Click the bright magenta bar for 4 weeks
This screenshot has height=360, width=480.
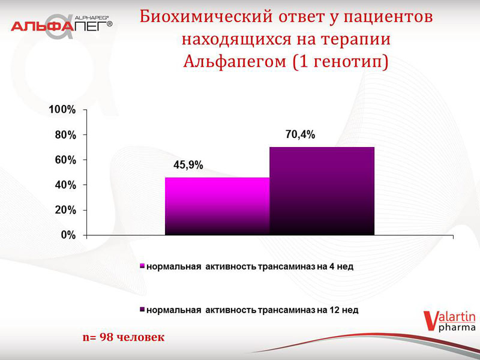coord(217,206)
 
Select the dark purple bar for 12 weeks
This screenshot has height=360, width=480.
coord(322,191)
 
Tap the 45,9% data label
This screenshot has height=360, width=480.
coord(188,166)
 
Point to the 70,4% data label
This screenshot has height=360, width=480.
coord(301,134)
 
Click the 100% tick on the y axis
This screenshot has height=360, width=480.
coord(62,110)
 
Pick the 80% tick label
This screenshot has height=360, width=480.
coord(65,135)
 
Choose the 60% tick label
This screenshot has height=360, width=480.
coord(65,160)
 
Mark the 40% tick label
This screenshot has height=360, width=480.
coord(65,185)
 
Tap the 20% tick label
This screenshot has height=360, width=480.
coord(65,211)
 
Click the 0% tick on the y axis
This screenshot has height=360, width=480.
coord(68,235)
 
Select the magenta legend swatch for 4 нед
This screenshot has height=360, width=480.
coord(142,266)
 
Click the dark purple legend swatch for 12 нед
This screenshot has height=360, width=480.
coord(142,310)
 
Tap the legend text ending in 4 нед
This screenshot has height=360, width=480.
coord(250,266)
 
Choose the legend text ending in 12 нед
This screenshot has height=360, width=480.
coord(252,310)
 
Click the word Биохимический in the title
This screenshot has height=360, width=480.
coord(206,17)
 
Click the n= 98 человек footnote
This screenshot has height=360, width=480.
coord(124,337)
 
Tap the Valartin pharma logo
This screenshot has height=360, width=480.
coord(449,322)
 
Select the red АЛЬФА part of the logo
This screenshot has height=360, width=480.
coord(42,26)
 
